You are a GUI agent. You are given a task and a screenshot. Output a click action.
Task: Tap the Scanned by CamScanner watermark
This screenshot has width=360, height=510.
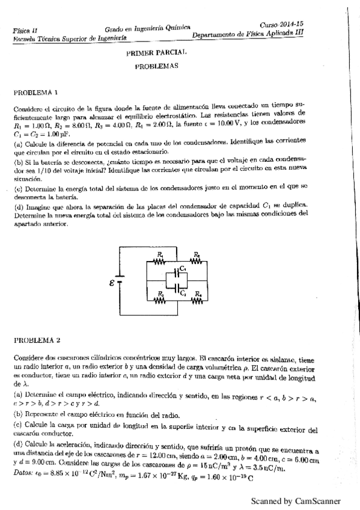tap(296, 501)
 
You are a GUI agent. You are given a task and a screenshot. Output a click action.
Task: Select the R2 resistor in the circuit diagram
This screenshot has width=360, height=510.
tap(196, 260)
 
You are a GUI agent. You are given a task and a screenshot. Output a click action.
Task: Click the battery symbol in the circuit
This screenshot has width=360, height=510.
tap(120, 280)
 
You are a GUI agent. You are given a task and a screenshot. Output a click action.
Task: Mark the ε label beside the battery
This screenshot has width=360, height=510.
tap(112, 281)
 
